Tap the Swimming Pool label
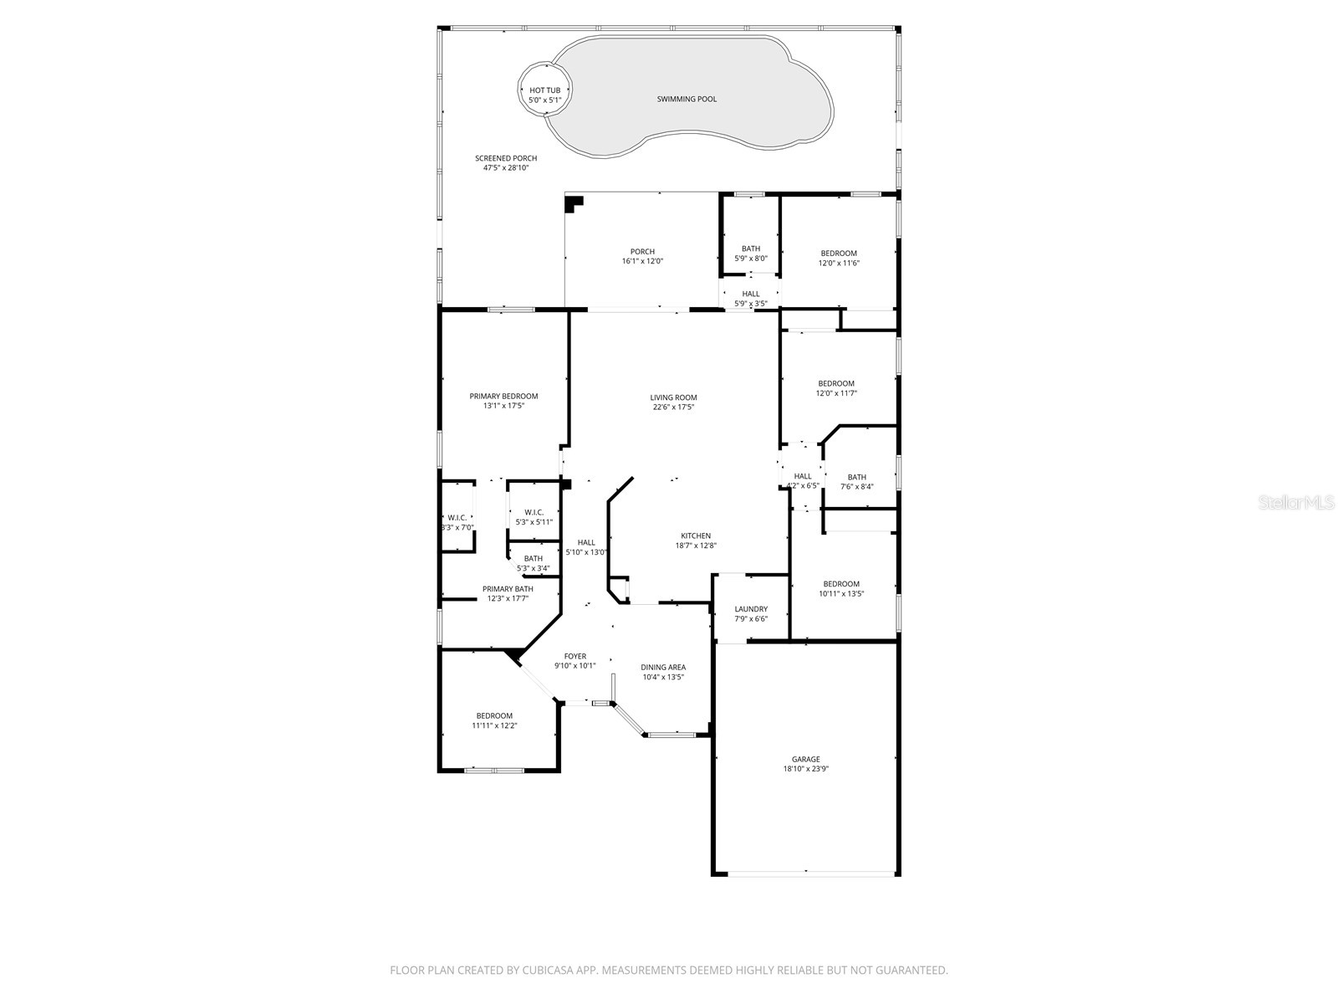[686, 99]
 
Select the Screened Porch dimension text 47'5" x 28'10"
[506, 168]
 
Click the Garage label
[806, 760]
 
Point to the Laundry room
[751, 613]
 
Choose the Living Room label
[673, 397]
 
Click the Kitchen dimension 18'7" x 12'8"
[696, 546]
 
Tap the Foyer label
[575, 657]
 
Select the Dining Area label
[663, 667]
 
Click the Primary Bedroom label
[503, 397]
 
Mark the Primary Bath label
[508, 589]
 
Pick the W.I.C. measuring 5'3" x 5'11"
[534, 517]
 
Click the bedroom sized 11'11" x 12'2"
[494, 720]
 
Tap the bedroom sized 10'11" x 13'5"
[840, 588]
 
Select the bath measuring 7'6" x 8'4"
[856, 481]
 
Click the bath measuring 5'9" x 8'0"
[751, 253]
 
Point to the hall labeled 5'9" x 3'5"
[751, 298]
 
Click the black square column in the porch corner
[574, 202]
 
